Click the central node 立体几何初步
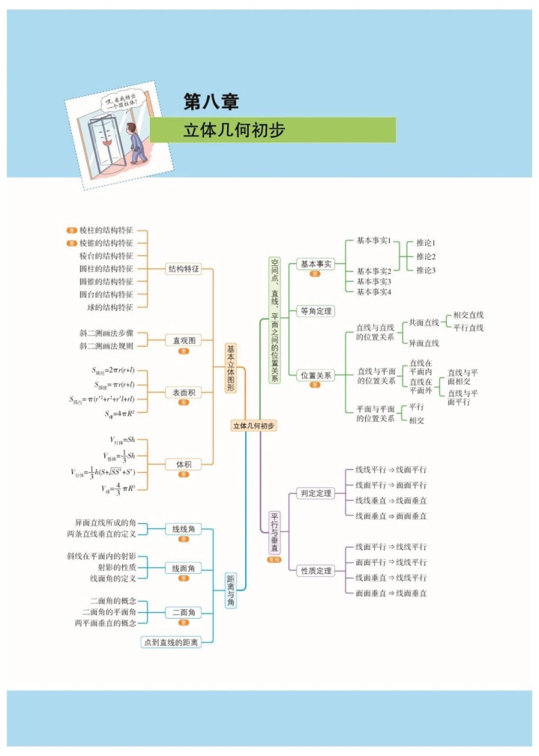pos(253,426)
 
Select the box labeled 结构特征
pos(184,268)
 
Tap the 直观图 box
pos(184,340)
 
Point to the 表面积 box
pos(184,392)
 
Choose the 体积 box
pos(184,464)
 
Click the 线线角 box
pos(184,528)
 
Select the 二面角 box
pos(184,612)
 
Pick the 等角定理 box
pos(316,311)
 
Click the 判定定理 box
pos(316,493)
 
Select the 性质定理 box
pos(316,571)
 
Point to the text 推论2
pos(426,256)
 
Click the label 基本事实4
pos(373,291)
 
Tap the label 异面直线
pos(424,343)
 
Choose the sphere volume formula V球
pos(119,488)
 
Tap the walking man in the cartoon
pos(136,142)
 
